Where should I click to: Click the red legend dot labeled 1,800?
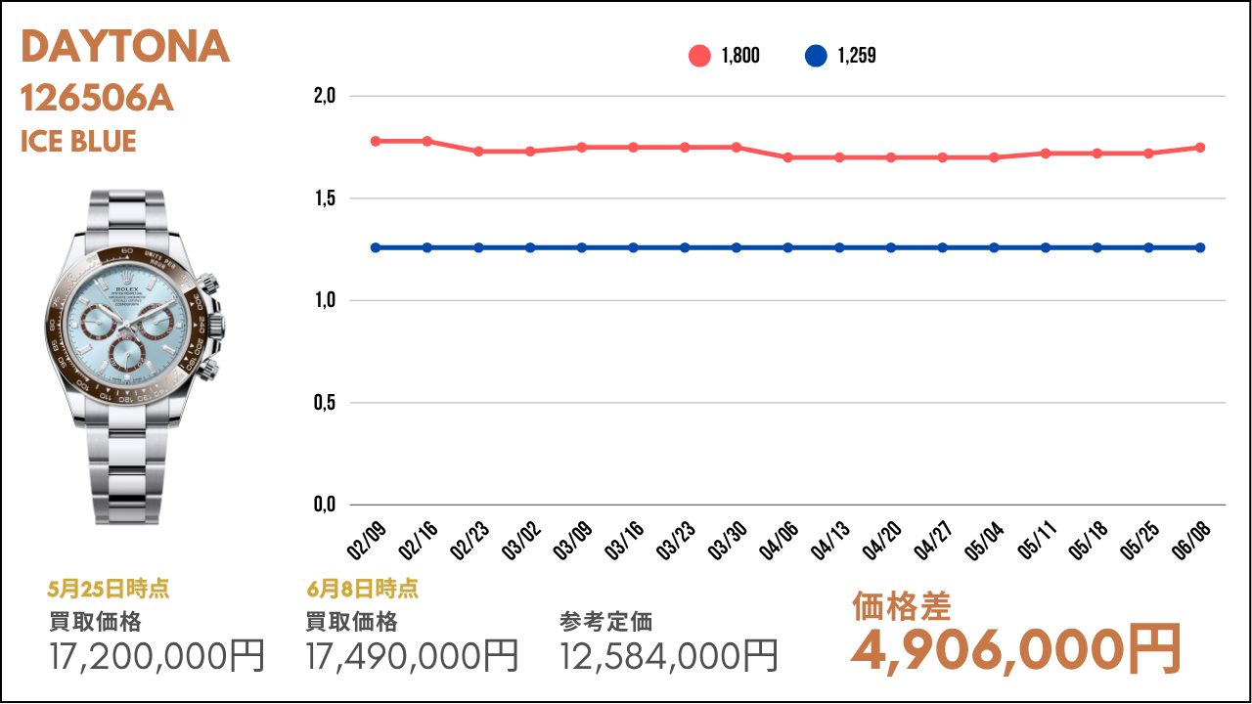[x=699, y=56]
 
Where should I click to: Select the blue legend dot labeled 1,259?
[x=816, y=56]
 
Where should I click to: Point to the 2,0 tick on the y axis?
[x=325, y=96]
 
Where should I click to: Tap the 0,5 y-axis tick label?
[x=325, y=402]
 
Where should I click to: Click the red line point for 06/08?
[x=1200, y=148]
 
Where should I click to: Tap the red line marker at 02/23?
[x=478, y=152]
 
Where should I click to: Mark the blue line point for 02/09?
[x=376, y=247]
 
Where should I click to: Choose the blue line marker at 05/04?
[x=994, y=247]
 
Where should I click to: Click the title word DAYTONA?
[x=125, y=47]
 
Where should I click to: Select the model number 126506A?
[x=97, y=99]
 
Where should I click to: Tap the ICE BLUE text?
[x=78, y=142]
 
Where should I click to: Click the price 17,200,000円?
[x=157, y=655]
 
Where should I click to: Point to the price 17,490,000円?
[x=413, y=655]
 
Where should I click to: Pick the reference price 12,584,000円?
[x=669, y=655]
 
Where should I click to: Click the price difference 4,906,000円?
[x=1016, y=648]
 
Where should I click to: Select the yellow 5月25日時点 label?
[x=109, y=589]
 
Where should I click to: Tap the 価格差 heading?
[x=901, y=606]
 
